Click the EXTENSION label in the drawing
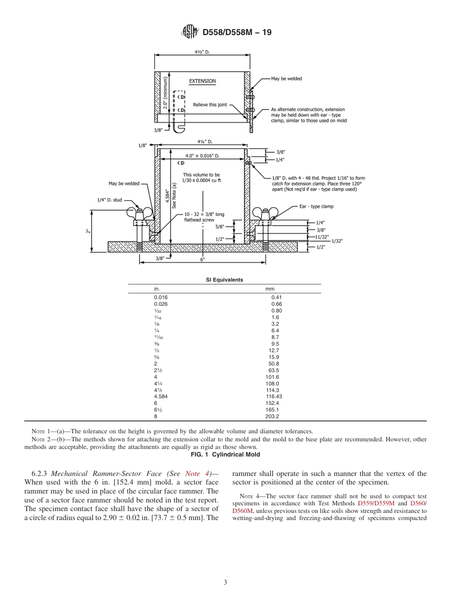202,81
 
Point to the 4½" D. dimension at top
202,52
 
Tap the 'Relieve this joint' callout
210,105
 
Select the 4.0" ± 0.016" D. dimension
202,155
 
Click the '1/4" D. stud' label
110,200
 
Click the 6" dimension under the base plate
202,259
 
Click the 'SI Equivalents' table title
224,280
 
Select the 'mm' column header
270,289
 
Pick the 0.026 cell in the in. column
160,304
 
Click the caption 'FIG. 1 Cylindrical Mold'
225,455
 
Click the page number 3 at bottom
225,583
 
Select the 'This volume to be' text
202,174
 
